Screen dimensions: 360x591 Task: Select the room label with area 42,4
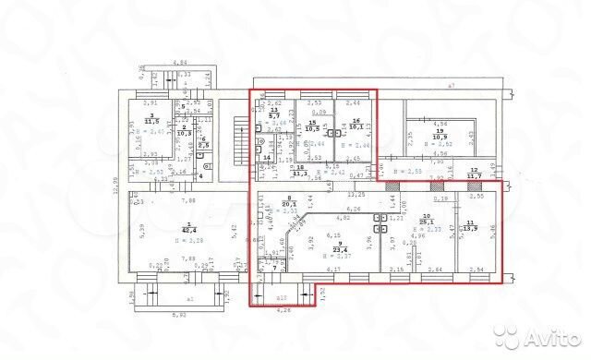[187, 228]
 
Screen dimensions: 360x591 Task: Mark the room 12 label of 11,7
[473, 174]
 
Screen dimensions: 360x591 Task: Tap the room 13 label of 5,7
[273, 113]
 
